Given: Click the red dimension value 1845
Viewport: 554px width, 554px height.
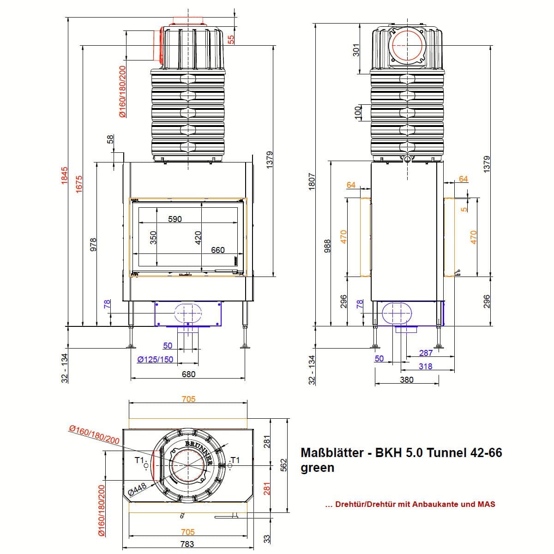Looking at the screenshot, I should [x=65, y=176].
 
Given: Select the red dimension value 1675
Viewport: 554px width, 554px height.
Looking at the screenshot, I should [x=79, y=184].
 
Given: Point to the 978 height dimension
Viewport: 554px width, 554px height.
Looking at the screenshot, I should [x=93, y=243].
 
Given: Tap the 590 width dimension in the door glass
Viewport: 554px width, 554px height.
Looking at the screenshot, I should [x=175, y=219].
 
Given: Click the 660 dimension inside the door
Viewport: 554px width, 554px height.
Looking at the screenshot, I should [x=217, y=250].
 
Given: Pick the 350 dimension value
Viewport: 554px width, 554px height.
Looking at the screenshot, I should [x=154, y=237].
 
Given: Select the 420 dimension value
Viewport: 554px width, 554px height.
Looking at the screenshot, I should [x=198, y=237].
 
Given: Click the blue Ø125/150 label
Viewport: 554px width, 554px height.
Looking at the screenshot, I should [x=155, y=359].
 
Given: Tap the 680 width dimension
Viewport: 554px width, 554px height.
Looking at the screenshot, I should [x=188, y=374].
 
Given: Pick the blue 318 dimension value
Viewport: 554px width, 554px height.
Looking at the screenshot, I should [x=425, y=366].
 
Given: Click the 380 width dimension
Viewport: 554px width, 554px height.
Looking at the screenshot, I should [x=406, y=379].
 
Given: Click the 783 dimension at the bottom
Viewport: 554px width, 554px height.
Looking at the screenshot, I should [x=187, y=544].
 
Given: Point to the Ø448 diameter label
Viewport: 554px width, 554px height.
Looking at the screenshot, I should [x=137, y=489].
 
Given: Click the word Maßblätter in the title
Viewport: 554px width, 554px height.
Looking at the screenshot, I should [x=331, y=453].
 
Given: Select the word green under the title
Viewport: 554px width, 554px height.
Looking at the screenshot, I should [x=317, y=468].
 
